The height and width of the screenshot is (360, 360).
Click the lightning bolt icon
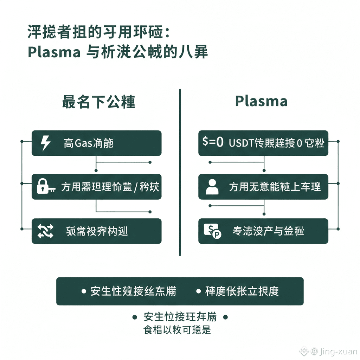pyautogui.click(x=46, y=143)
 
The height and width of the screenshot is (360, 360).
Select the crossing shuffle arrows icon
pyautogui.click(x=46, y=231)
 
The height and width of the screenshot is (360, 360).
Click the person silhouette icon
pyautogui.click(x=212, y=187)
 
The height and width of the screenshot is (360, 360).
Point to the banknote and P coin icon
pyautogui.click(x=212, y=231)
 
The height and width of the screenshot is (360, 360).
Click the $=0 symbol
pyautogui.click(x=213, y=142)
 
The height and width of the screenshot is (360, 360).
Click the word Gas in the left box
pyautogui.click(x=83, y=143)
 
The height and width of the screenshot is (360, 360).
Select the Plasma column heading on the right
pyautogui.click(x=261, y=101)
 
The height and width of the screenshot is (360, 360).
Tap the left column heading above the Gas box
pyautogui.click(x=99, y=102)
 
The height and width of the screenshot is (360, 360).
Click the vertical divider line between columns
pyautogui.click(x=180, y=172)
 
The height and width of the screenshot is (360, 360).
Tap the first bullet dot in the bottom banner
pyautogui.click(x=84, y=291)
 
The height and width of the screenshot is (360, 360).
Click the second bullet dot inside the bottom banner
pyautogui.click(x=198, y=291)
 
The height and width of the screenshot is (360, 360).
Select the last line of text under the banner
pyautogui.click(x=177, y=330)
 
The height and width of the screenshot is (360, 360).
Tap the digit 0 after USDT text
pyautogui.click(x=300, y=143)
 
